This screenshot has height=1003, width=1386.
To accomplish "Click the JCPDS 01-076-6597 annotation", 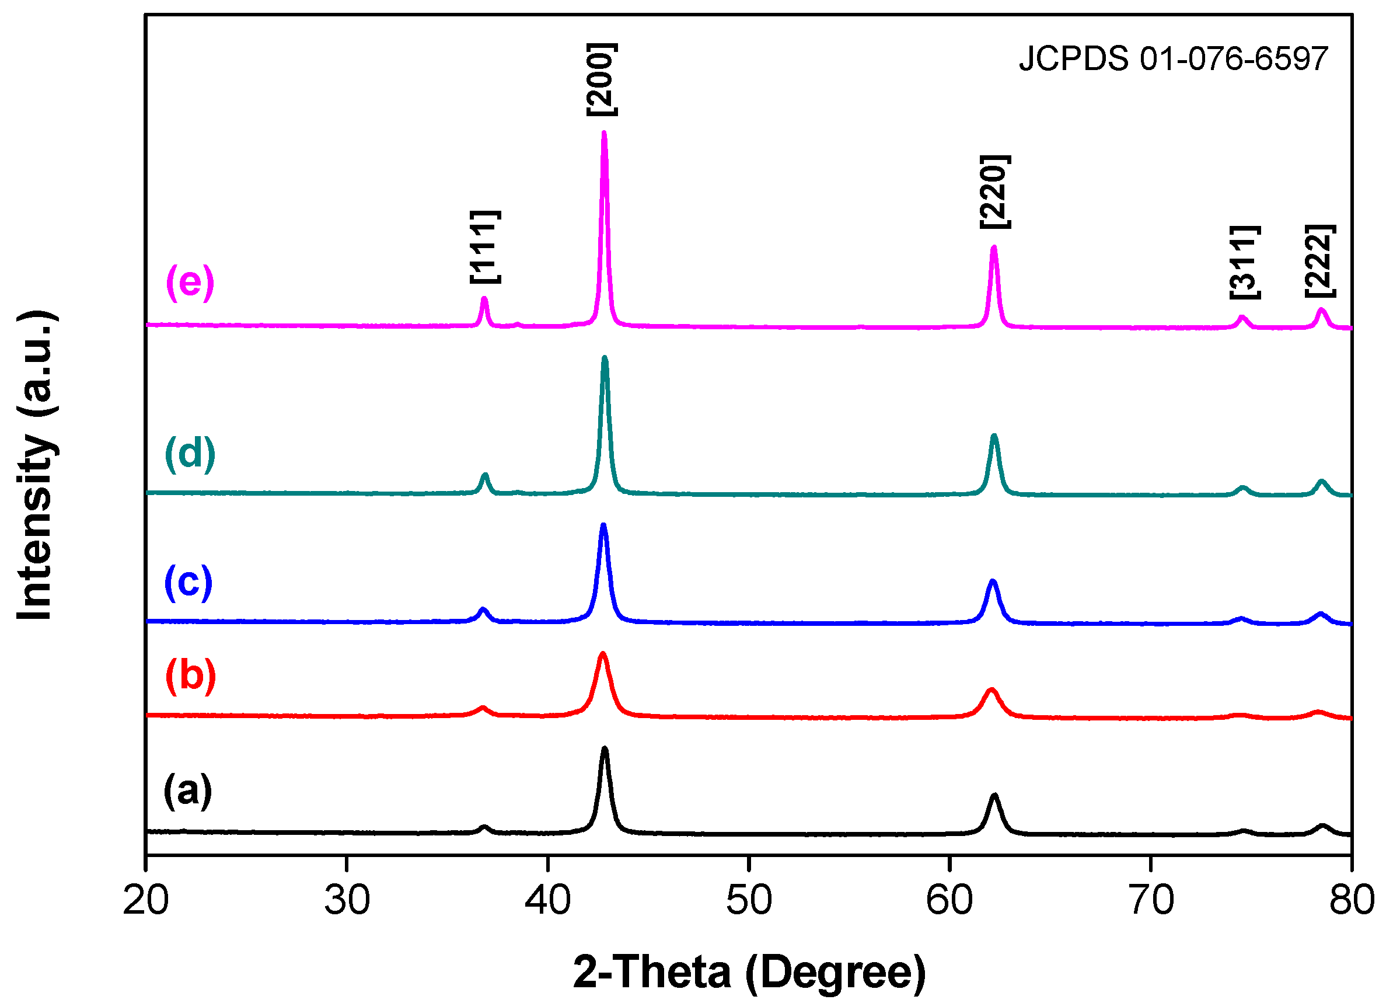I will (x=1173, y=60).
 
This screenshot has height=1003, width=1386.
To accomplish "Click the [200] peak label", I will (x=602, y=79).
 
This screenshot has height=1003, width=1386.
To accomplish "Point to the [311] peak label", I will (x=1245, y=262).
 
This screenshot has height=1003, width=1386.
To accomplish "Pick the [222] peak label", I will (x=1320, y=262).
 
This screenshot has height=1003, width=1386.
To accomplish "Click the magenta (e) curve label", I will (x=190, y=283).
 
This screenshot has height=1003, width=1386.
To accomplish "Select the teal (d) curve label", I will (x=190, y=454).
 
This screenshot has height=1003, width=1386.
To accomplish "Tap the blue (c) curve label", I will (x=189, y=582).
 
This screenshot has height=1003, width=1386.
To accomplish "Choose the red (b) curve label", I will (x=191, y=675).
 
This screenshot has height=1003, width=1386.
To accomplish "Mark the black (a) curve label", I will (x=188, y=790).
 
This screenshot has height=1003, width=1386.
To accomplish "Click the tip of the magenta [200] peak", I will (x=605, y=133).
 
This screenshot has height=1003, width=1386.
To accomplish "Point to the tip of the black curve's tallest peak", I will (x=605, y=750).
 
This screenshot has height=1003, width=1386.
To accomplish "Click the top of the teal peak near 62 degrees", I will (x=994, y=437).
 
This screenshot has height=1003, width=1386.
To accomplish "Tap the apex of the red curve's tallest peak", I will (x=603, y=654).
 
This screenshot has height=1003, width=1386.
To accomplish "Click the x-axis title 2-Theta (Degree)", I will (x=749, y=972).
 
